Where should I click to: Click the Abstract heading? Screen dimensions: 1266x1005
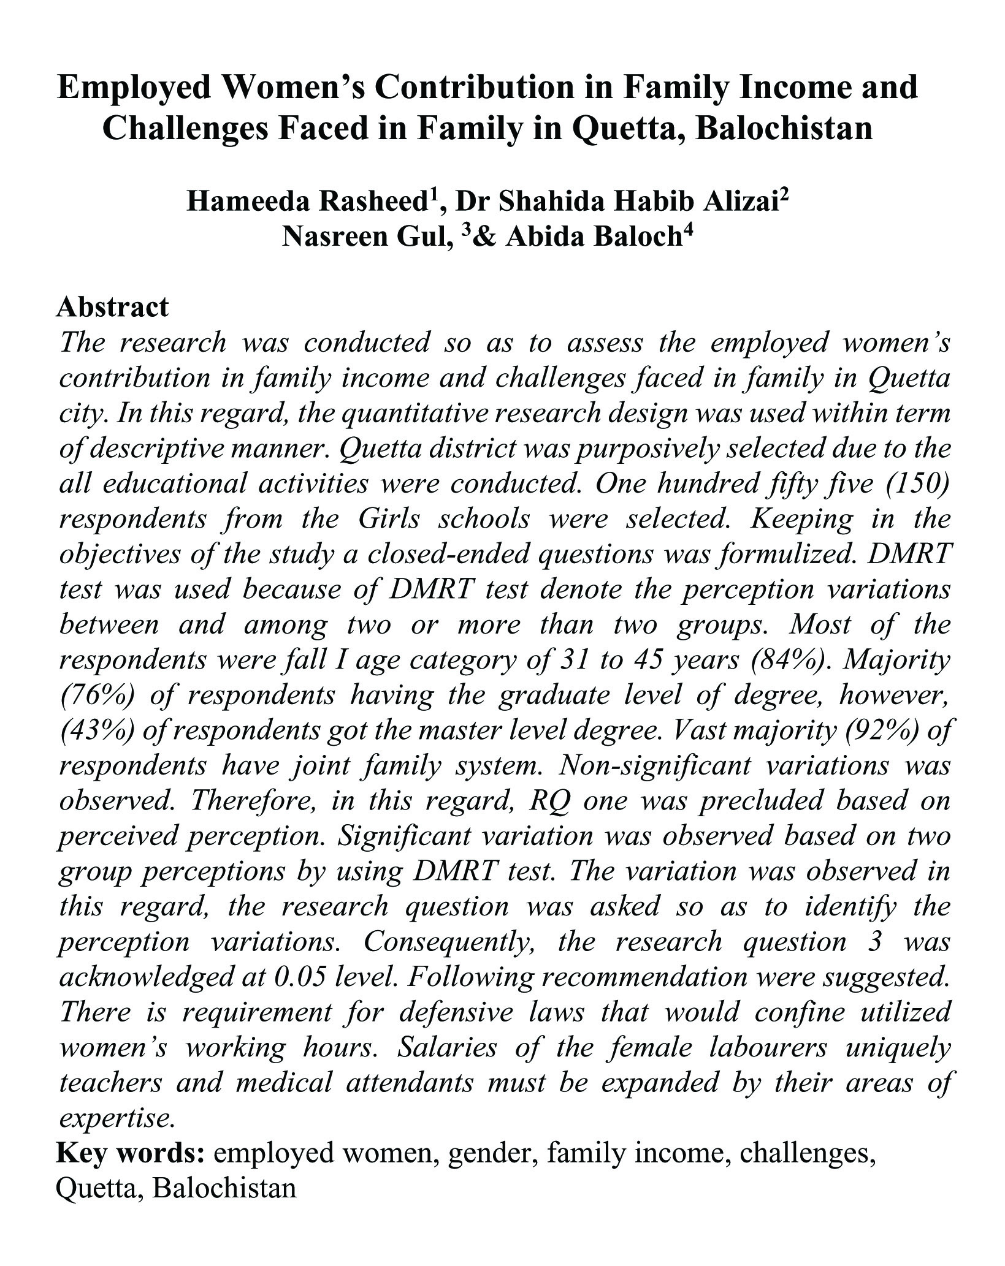click(112, 307)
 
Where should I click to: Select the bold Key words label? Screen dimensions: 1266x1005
click(130, 1153)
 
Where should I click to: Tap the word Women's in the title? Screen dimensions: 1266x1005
click(294, 87)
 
